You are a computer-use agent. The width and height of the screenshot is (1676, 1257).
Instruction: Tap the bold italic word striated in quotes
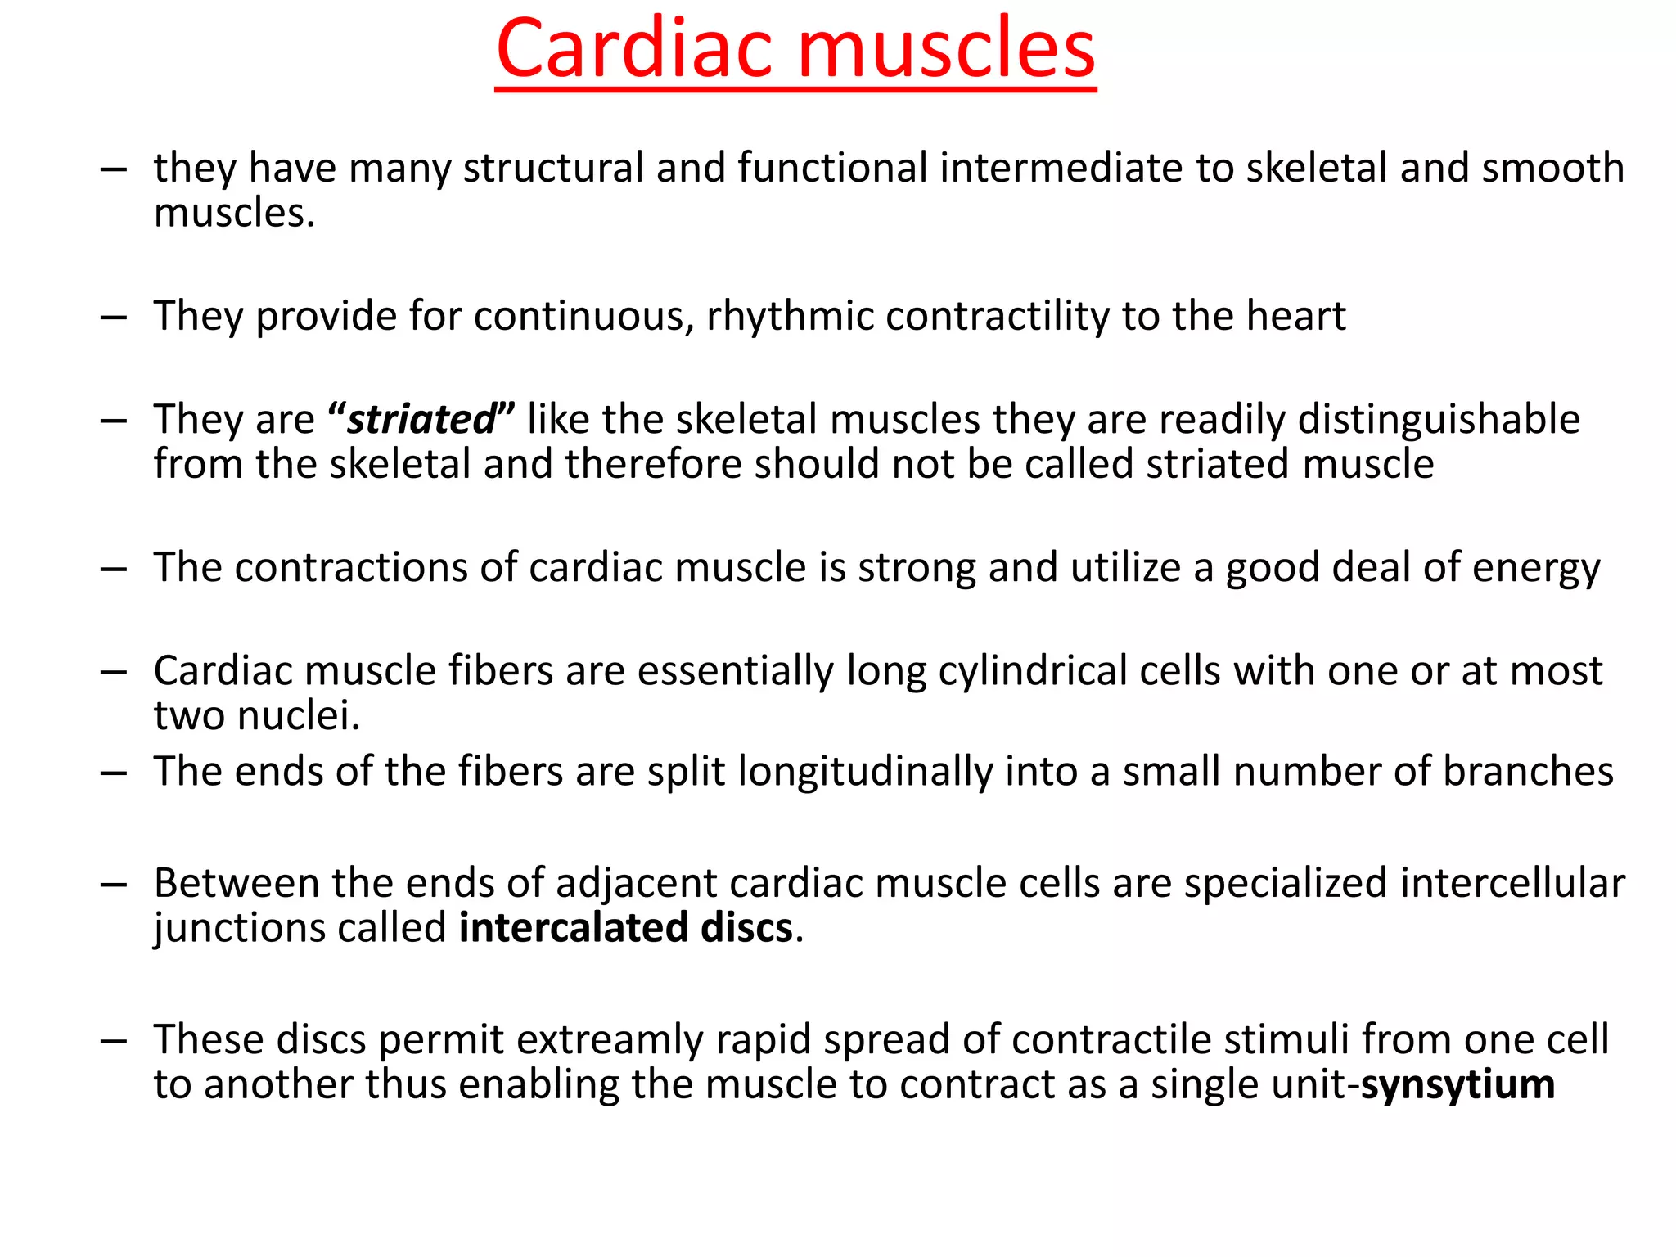[421, 420]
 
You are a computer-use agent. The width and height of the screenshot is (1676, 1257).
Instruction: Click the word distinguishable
[1439, 420]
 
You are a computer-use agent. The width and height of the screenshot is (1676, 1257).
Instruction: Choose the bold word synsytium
[1457, 1085]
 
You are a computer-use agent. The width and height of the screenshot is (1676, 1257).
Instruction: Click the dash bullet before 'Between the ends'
[113, 885]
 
